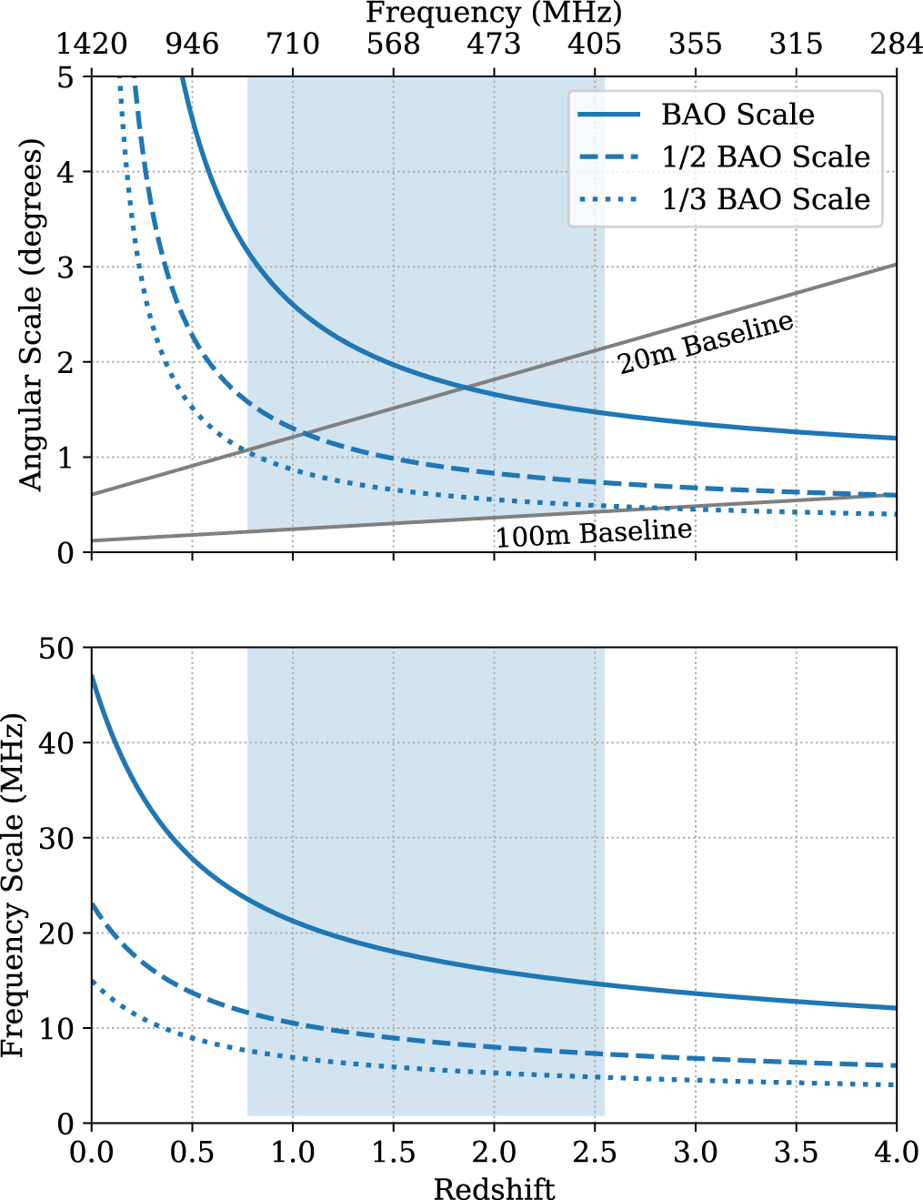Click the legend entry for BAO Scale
point(737,115)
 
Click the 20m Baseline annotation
point(706,344)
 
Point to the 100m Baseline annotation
point(594,533)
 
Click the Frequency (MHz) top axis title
point(494,13)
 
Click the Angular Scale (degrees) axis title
point(31,315)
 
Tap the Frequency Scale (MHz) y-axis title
point(13,885)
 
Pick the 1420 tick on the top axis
point(92,44)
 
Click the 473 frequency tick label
point(494,44)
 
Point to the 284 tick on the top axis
point(896,44)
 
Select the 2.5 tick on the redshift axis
point(595,1153)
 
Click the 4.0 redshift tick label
point(896,1153)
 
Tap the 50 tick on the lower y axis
point(57,649)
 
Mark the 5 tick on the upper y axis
point(65,78)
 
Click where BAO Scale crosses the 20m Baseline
point(466,388)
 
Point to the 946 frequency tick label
point(192,44)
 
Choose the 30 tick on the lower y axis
point(57,839)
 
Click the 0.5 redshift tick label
point(192,1153)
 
